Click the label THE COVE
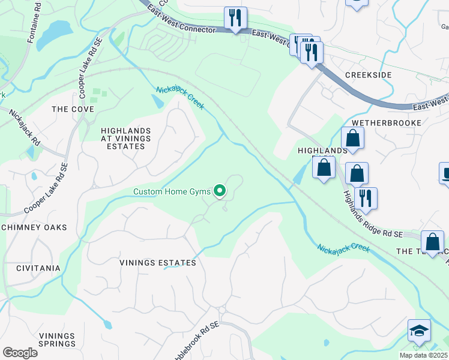click(73, 109)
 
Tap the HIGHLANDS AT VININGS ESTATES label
click(125, 138)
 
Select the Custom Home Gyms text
click(172, 192)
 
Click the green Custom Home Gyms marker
click(220, 191)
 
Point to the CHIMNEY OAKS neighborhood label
click(34, 227)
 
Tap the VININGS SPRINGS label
click(57, 340)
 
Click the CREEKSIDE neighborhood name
click(368, 75)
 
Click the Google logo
click(20, 353)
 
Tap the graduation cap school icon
click(419, 330)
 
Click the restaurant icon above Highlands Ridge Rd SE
click(366, 197)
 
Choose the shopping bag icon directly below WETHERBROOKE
click(353, 138)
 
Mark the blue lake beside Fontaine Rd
click(61, 28)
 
